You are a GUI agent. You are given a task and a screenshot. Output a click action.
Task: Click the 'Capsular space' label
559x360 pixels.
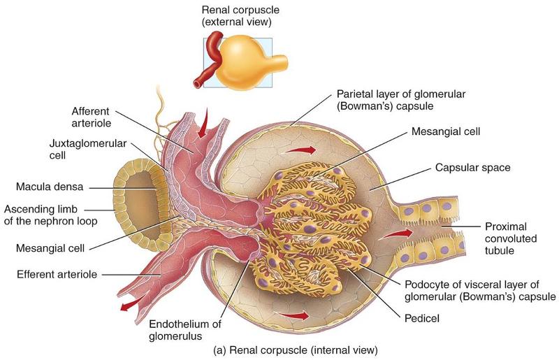tap(468, 168)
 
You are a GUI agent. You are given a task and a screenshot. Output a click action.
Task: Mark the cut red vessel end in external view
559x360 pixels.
tap(198, 84)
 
